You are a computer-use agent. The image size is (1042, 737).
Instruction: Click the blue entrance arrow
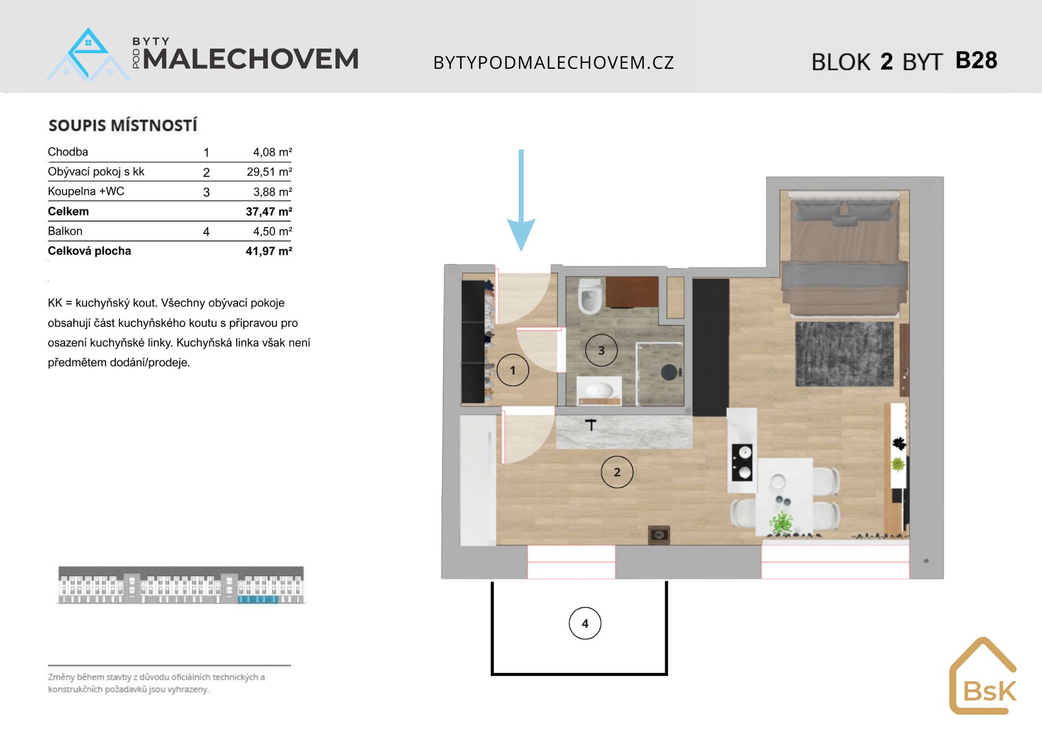(521, 201)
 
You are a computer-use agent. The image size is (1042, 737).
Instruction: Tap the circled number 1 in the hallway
(513, 370)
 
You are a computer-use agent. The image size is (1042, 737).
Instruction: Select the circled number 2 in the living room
(617, 472)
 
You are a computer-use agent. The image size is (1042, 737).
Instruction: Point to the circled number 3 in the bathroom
(601, 350)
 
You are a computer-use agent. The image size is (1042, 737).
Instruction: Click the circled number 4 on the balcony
(585, 623)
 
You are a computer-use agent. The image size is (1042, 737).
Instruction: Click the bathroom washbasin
(599, 389)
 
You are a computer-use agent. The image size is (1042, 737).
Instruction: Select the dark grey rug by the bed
(845, 354)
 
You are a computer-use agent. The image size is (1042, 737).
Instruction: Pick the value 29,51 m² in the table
(269, 172)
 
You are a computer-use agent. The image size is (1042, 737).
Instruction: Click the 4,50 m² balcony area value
(272, 231)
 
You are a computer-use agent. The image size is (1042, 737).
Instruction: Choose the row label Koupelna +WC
(86, 191)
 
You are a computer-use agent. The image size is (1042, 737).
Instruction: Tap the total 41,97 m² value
(269, 251)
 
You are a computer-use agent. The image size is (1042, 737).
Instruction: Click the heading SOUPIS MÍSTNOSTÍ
(123, 126)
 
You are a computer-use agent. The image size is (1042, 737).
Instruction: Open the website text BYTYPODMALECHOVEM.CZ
(554, 63)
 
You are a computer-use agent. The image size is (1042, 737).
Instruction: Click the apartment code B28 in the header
(976, 60)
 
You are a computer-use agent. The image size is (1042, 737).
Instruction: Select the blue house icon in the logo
(88, 55)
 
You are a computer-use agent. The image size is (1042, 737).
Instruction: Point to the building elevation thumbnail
(181, 585)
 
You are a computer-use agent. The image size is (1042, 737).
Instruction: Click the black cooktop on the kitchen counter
(742, 462)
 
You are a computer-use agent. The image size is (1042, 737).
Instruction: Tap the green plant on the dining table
(781, 523)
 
